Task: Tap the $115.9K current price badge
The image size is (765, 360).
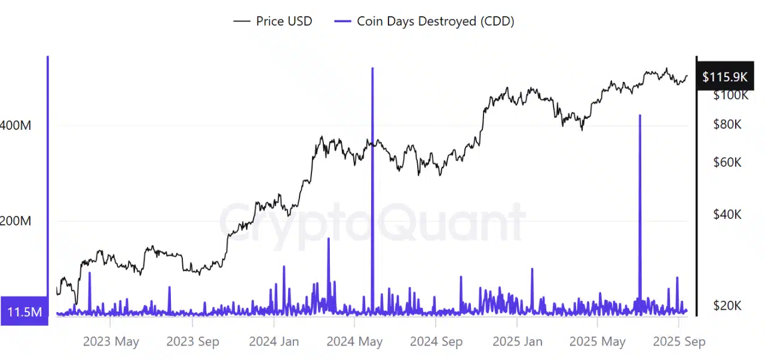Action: (724, 77)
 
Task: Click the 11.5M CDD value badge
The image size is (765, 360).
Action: (24, 312)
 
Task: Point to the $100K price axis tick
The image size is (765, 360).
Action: (731, 95)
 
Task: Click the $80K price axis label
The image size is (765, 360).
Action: (727, 124)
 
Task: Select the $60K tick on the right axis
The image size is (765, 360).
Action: (727, 163)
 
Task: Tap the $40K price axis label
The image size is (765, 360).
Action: (727, 214)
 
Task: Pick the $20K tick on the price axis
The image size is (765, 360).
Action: (727, 306)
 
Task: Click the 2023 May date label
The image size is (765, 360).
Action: (111, 341)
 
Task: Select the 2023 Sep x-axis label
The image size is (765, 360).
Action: (192, 341)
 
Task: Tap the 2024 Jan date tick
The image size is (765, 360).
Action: (274, 341)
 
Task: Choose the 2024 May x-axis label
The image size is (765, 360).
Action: (354, 341)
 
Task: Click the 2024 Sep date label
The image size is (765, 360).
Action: (436, 341)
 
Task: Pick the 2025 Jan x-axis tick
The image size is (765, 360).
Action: (517, 341)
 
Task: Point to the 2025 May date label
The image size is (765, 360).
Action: (598, 341)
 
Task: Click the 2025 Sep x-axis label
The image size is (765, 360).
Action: (679, 341)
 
